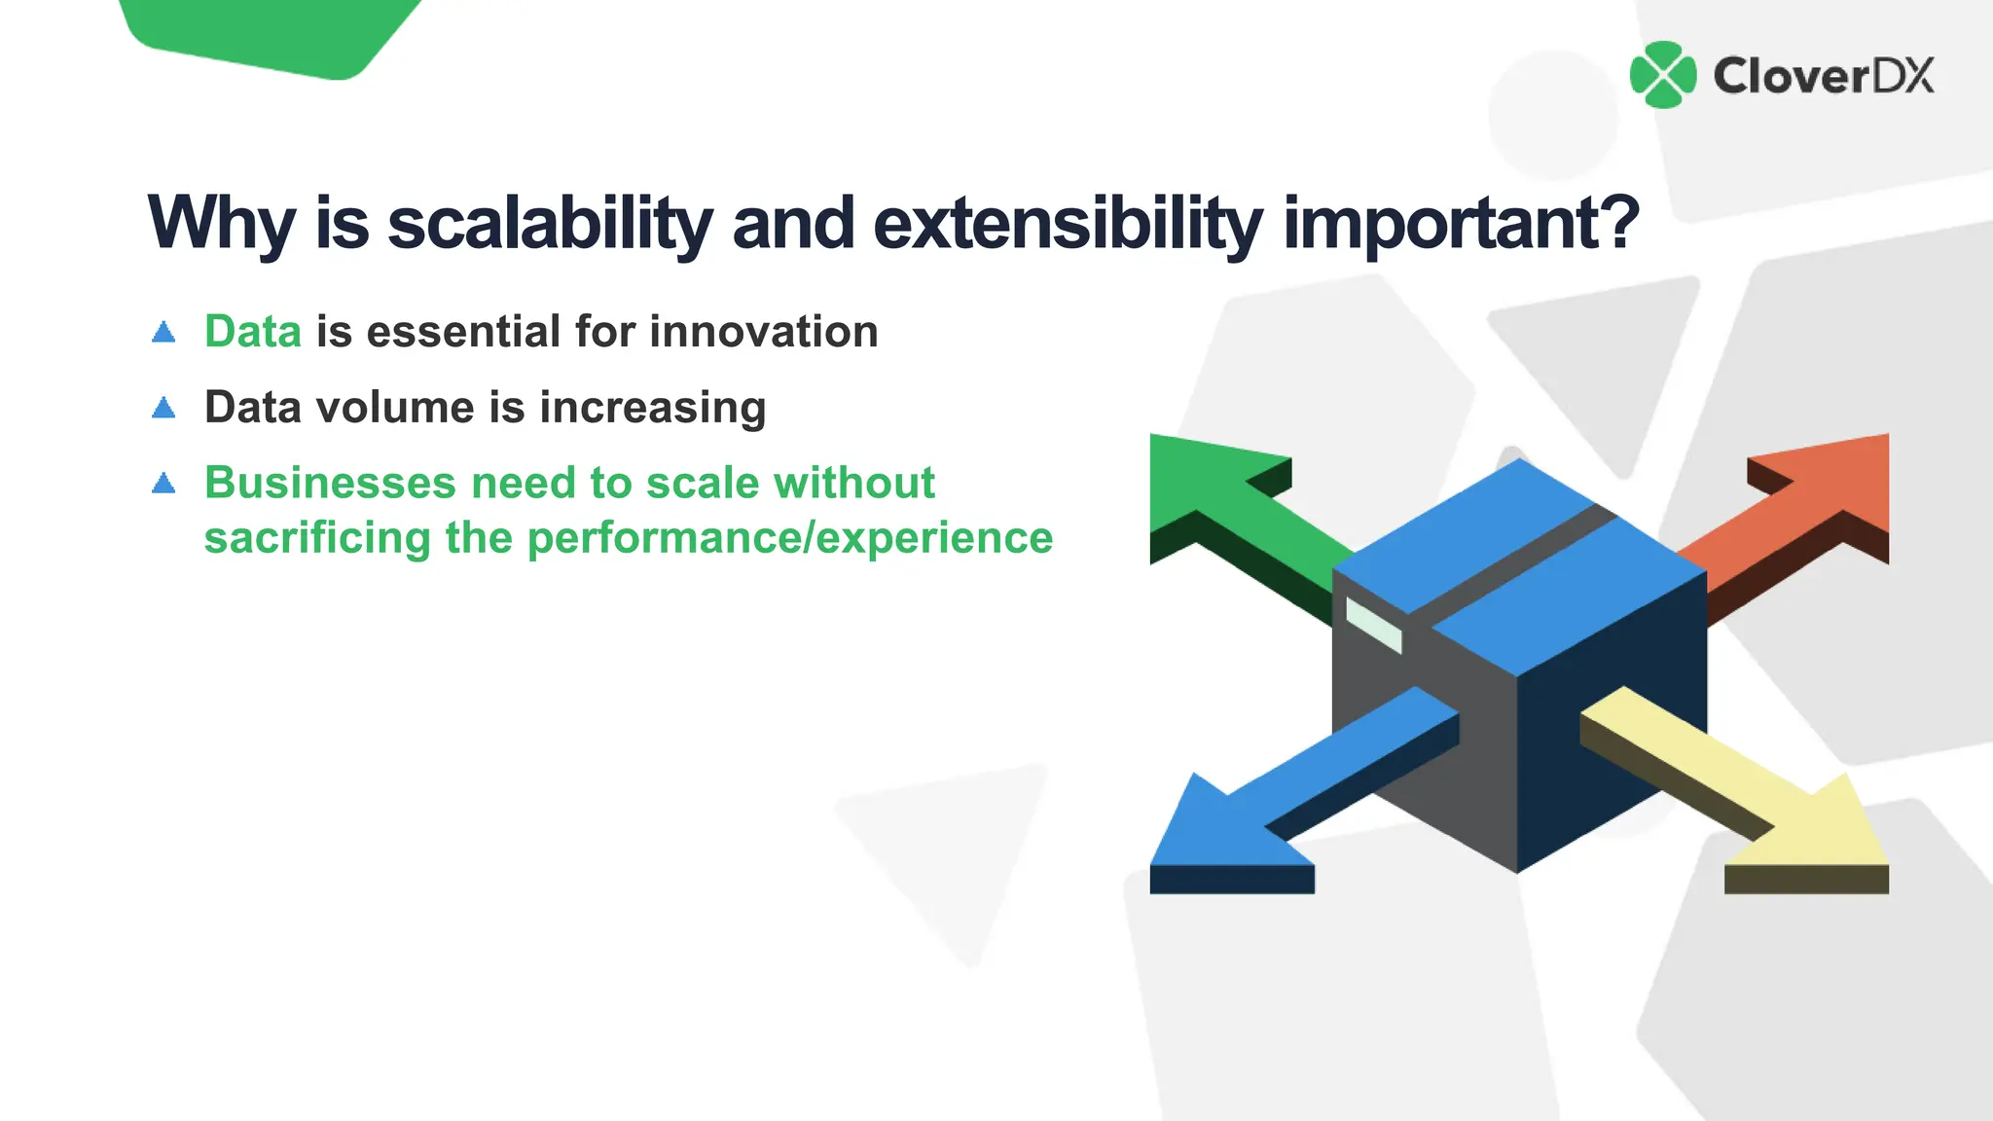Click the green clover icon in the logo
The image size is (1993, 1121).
1663,75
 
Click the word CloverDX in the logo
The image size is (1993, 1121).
1824,76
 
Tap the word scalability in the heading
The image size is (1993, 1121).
550,224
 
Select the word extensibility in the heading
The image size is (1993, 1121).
1068,224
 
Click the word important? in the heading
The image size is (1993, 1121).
1461,224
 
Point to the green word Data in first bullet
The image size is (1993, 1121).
253,332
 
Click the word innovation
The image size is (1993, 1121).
764,332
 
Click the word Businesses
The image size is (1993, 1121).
330,483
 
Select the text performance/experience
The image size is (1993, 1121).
790,538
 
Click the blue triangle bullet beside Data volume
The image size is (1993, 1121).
163,408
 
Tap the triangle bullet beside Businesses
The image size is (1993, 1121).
163,483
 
